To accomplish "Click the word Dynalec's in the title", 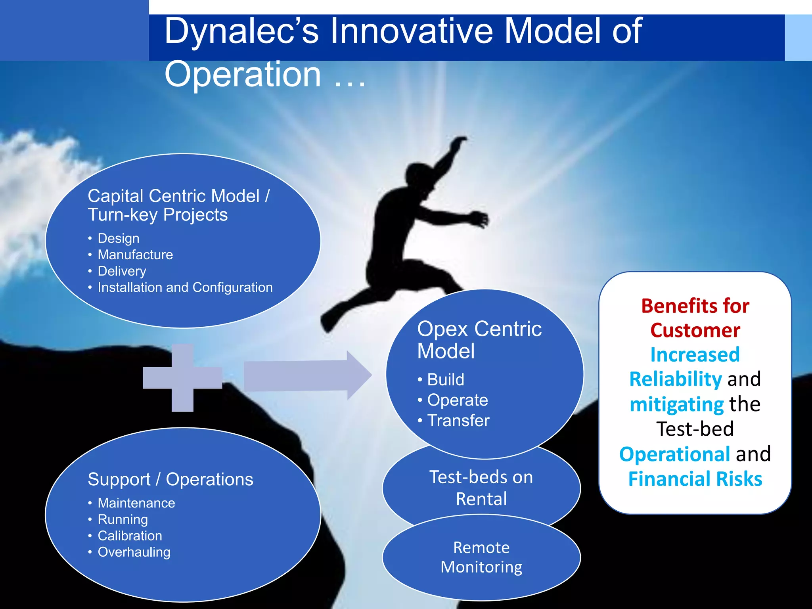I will point(241,32).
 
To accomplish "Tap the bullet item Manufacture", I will point(135,255).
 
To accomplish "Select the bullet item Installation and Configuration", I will point(185,287).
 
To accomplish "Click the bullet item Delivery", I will point(122,271).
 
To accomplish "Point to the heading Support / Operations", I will point(170,479).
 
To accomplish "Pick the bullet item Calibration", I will point(130,536).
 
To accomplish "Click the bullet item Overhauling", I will point(134,552).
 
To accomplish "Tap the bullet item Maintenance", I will point(136,503).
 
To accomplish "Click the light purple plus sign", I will point(182,377).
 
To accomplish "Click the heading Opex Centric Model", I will point(479,340).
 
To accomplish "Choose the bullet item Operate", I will point(457,400).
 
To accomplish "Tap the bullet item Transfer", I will point(458,421).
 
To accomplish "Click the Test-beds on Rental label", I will point(481,488).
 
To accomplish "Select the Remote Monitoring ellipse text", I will point(481,557).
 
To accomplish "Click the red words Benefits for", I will point(695,306).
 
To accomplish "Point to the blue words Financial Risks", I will point(695,479).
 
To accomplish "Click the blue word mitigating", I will point(676,404).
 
